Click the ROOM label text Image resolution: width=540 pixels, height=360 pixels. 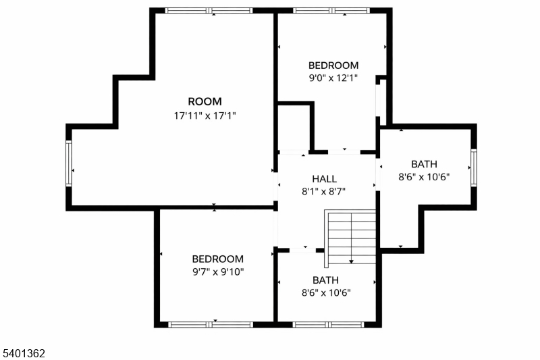pyautogui.click(x=205, y=101)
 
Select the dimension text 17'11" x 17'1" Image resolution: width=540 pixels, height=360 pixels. pyautogui.click(x=205, y=115)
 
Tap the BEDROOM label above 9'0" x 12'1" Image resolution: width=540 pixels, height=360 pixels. pyautogui.click(x=333, y=66)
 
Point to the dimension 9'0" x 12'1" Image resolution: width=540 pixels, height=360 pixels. pyautogui.click(x=333, y=78)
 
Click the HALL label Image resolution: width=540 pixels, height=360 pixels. pyautogui.click(x=324, y=179)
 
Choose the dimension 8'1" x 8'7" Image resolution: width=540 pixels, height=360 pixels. pyautogui.click(x=324, y=191)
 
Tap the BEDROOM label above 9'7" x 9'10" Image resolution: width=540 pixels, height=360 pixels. pyautogui.click(x=217, y=259)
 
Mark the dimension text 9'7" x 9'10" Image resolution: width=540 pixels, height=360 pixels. pyautogui.click(x=217, y=272)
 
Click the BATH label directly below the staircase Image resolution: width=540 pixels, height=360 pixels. pyautogui.click(x=325, y=280)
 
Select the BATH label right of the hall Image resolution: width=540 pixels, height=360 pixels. pyautogui.click(x=424, y=164)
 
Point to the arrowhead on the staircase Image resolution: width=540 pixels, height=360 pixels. pyautogui.click(x=351, y=261)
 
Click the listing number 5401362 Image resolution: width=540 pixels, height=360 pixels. pyautogui.click(x=24, y=353)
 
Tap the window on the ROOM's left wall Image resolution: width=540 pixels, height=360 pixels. pyautogui.click(x=68, y=164)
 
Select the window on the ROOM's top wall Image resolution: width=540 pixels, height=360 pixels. pyautogui.click(x=209, y=10)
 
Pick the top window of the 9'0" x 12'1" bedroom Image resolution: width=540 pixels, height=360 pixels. pyautogui.click(x=331, y=10)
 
